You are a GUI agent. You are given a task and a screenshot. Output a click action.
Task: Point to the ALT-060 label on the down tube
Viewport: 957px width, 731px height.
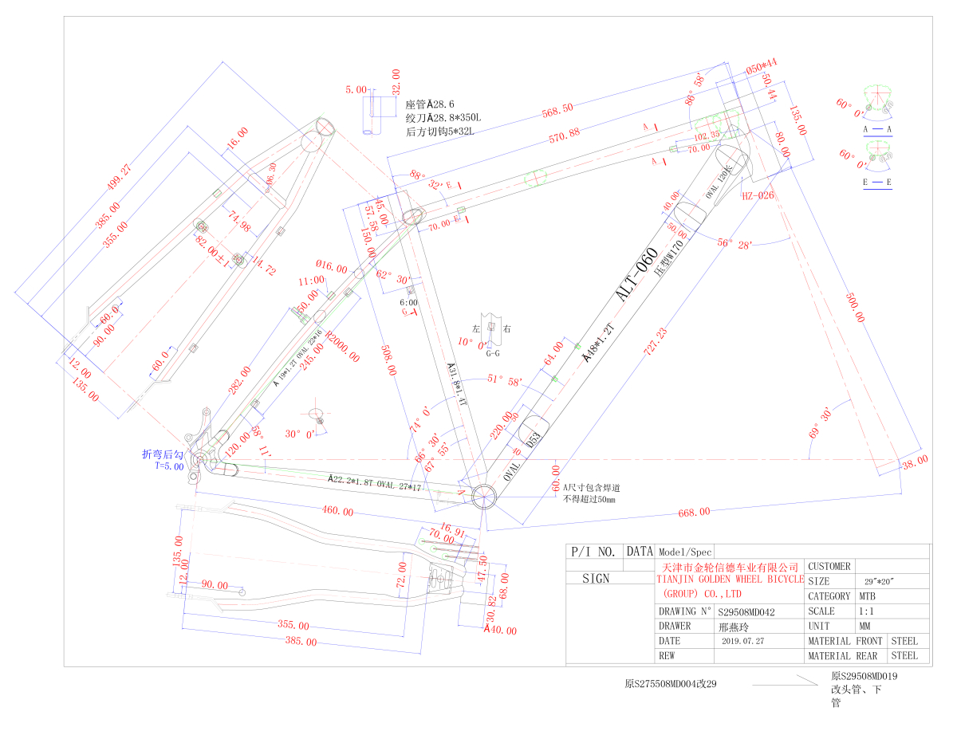tap(636, 275)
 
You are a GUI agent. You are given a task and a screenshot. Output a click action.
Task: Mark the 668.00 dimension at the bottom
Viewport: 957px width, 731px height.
tap(692, 512)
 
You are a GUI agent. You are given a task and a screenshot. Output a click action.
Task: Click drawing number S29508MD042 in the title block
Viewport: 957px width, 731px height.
tap(747, 611)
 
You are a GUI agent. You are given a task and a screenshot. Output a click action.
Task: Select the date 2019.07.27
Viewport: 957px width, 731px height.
tap(742, 641)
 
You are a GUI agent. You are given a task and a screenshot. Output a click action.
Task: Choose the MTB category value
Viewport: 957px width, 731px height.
tap(865, 596)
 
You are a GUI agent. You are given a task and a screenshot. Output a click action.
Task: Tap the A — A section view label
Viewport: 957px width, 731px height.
tap(877, 128)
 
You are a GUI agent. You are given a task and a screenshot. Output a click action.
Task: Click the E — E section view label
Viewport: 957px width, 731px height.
tap(877, 183)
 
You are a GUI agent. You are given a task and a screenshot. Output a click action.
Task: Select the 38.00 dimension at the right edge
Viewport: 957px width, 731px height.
tap(913, 462)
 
